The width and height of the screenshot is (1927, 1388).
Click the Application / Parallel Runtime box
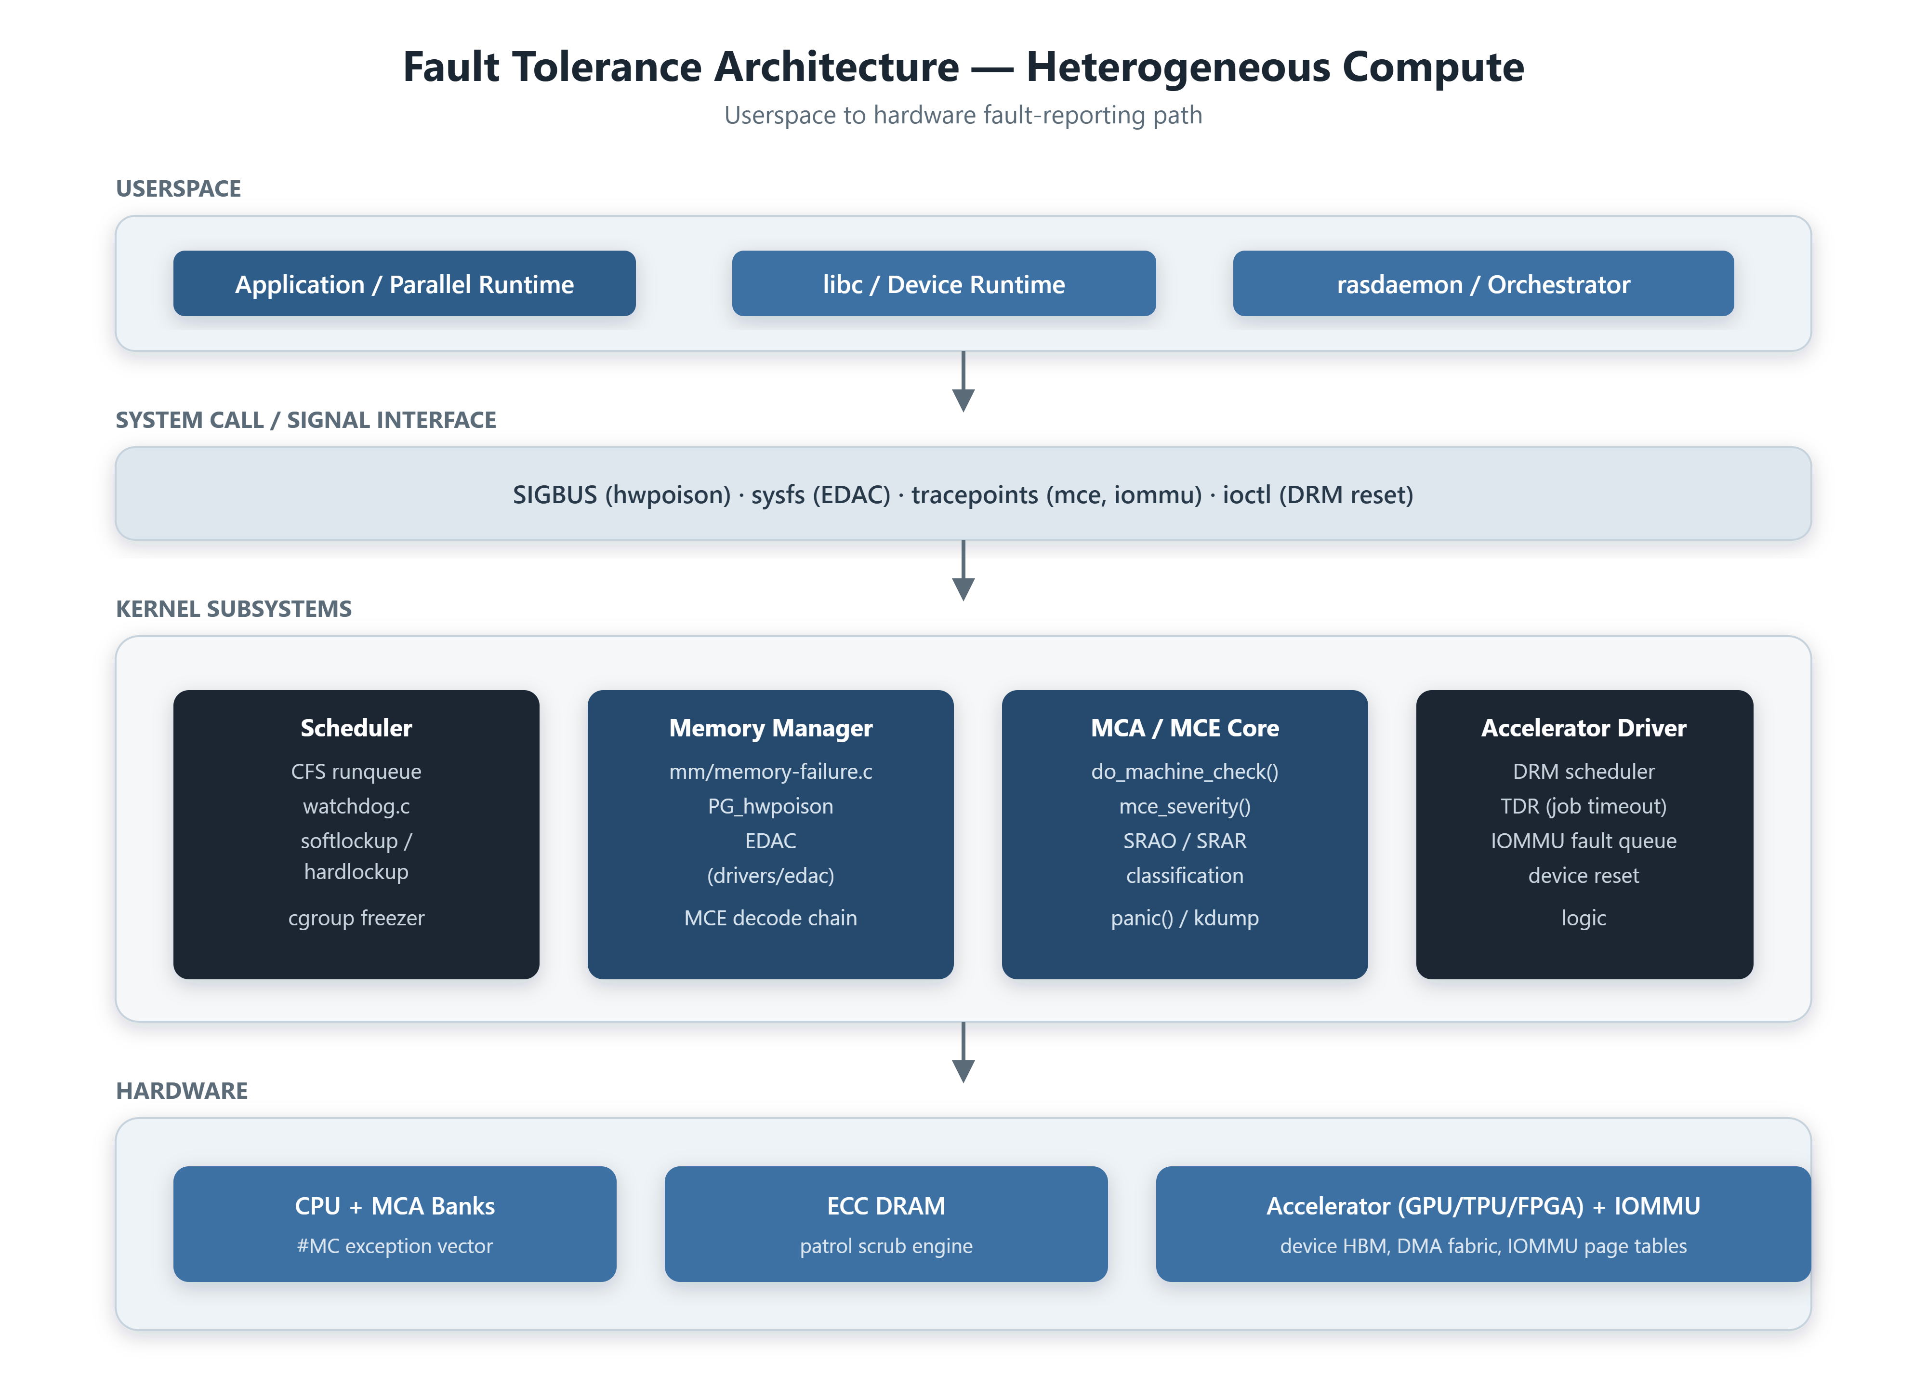[405, 283]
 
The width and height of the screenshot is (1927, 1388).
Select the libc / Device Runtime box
[943, 283]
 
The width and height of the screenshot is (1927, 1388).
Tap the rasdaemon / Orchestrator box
[1483, 283]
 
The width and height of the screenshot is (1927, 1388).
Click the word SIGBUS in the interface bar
[555, 494]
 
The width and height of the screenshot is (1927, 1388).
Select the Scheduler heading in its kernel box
[356, 728]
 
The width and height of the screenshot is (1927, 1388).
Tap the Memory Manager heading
[771, 728]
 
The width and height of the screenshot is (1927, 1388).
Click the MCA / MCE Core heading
[1185, 728]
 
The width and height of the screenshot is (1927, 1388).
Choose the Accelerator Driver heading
[1584, 728]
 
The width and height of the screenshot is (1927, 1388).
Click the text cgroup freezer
[356, 918]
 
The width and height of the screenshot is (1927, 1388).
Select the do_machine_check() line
[1185, 772]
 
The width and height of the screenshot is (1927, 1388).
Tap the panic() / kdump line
[1185, 918]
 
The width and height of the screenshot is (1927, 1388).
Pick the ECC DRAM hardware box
[886, 1224]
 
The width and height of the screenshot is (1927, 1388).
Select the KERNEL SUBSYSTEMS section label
[234, 609]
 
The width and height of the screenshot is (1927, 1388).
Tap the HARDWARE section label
[182, 1091]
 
